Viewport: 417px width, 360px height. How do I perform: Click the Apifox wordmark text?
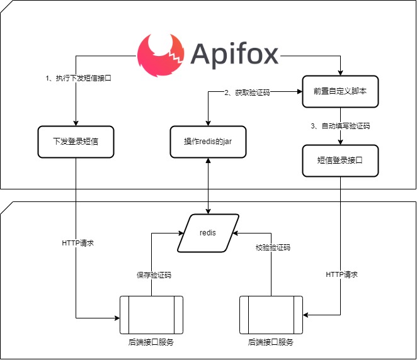(x=234, y=55)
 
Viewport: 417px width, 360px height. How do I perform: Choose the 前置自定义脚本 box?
(x=340, y=91)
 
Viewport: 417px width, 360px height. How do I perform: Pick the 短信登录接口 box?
(x=340, y=160)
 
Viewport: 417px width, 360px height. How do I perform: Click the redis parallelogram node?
(x=208, y=232)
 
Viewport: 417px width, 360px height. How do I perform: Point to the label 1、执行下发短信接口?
(x=79, y=79)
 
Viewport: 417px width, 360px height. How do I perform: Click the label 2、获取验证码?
(x=248, y=93)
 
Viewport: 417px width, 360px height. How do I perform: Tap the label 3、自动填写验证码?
(x=340, y=126)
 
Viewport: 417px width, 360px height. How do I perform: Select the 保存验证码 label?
(x=154, y=275)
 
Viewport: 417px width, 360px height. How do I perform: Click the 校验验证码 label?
(x=273, y=247)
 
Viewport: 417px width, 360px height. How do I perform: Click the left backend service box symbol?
(x=151, y=315)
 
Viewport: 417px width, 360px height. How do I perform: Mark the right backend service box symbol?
(x=271, y=315)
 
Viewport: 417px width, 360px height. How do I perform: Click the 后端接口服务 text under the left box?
(x=151, y=342)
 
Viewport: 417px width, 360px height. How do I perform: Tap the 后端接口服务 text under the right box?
(x=271, y=342)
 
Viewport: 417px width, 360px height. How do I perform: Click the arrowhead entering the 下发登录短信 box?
(x=76, y=122)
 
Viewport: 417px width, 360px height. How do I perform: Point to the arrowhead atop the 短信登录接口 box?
(x=340, y=142)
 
